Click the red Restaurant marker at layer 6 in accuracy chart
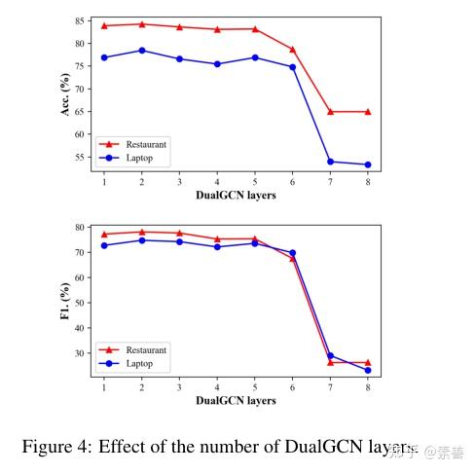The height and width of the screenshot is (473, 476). point(292,49)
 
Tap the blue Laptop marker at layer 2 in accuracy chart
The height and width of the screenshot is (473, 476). point(142,50)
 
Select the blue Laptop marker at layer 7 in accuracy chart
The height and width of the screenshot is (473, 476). point(330,162)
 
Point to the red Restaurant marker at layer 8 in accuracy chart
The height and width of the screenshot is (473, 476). point(367,112)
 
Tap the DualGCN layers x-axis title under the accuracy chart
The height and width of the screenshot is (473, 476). point(236,195)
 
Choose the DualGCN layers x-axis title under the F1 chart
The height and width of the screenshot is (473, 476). point(236,400)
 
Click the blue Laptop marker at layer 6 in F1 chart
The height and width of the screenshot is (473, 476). point(292,253)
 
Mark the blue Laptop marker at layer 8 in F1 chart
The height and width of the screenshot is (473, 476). point(367,370)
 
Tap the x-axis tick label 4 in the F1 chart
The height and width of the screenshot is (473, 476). point(217,386)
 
